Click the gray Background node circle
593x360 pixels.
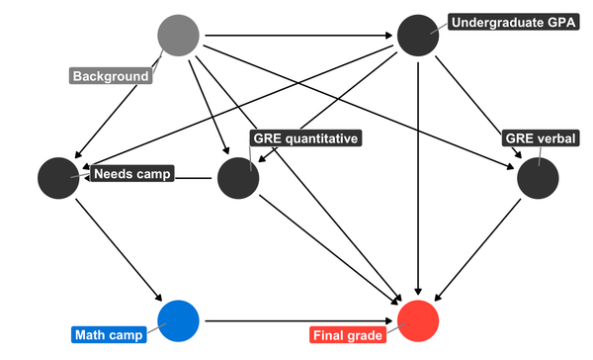(x=179, y=37)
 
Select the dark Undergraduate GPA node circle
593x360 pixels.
(x=418, y=37)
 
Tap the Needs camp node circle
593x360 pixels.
(x=58, y=178)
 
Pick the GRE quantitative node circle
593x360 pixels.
(x=238, y=178)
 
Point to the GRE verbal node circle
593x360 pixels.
(x=539, y=178)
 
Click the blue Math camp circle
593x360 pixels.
(x=179, y=320)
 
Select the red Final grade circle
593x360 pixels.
(x=418, y=320)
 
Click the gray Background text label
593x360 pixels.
(x=111, y=76)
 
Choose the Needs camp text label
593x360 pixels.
(x=131, y=174)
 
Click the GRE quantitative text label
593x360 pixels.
(x=304, y=138)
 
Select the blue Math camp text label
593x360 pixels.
(x=109, y=335)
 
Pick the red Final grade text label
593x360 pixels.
(x=347, y=335)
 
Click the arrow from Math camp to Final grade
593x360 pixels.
(x=296, y=320)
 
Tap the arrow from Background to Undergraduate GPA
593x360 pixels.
(x=296, y=37)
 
